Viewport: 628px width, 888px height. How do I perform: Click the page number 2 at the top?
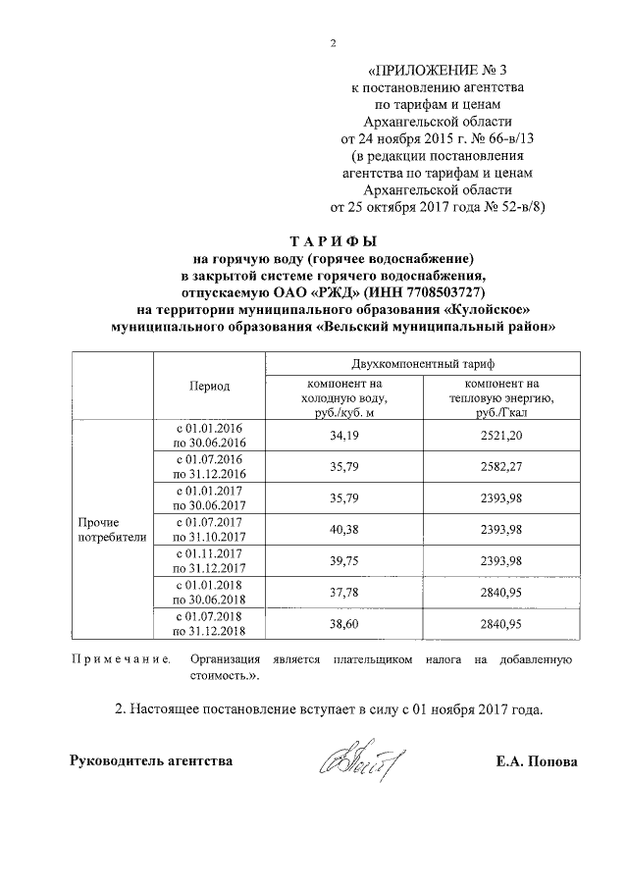coord(334,42)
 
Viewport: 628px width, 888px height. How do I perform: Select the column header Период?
coord(209,386)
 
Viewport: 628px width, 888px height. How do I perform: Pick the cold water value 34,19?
coord(343,435)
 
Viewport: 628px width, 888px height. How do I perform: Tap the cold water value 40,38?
coord(343,529)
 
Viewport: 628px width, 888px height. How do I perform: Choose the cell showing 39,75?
coord(343,560)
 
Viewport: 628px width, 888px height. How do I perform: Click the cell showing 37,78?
coord(343,592)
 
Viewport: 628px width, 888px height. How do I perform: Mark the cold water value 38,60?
coord(343,623)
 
